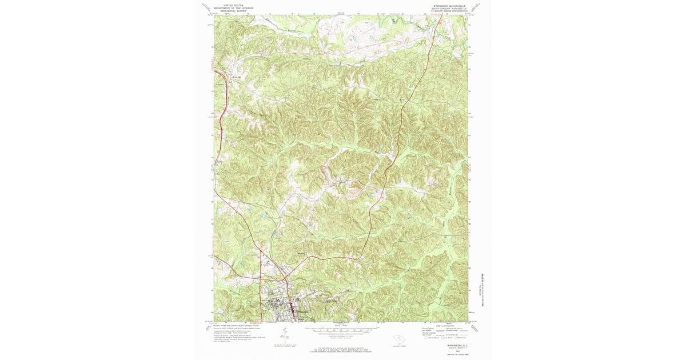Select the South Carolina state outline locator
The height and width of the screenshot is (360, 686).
click(400, 339)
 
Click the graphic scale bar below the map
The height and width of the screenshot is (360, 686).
click(342, 330)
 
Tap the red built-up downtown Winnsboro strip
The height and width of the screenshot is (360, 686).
click(294, 312)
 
